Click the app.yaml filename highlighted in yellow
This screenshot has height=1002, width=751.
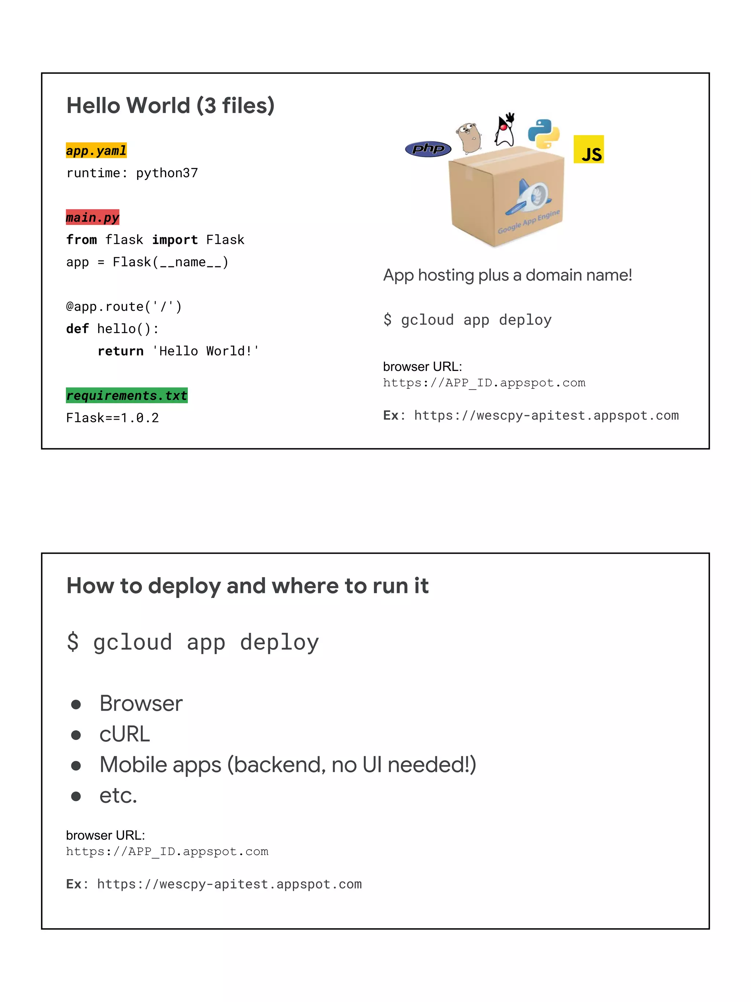(96, 150)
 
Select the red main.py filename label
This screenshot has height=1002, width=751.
(92, 218)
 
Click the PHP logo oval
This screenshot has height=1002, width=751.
(428, 149)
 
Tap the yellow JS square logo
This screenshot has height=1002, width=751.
(589, 149)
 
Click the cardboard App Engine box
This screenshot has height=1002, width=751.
(506, 199)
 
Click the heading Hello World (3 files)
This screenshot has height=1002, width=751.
(170, 106)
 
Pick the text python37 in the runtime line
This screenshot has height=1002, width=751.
(167, 173)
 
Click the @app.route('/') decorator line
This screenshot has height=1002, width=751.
(124, 307)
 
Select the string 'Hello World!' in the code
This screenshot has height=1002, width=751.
(205, 351)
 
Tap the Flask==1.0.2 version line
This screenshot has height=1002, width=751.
(112, 418)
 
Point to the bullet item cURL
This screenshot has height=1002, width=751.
(124, 734)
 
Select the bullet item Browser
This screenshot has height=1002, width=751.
(141, 703)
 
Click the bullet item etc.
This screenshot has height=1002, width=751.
(118, 795)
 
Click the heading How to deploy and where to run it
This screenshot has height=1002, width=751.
(247, 586)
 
